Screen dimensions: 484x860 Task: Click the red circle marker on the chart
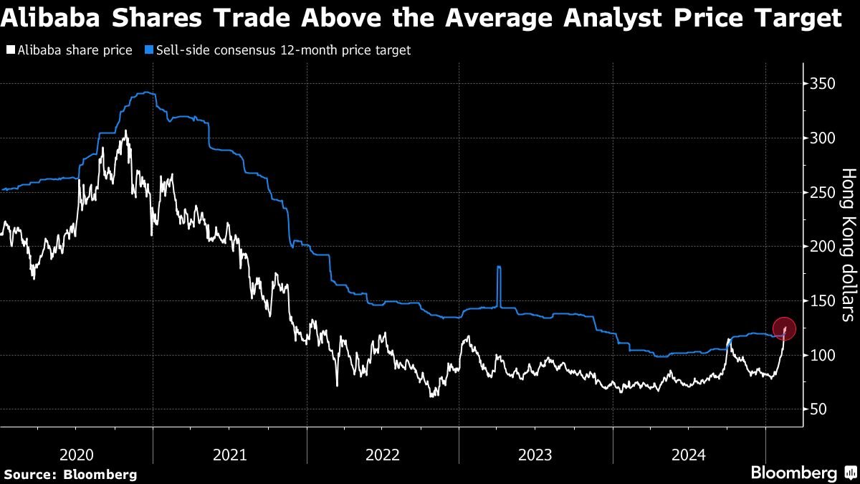pyautogui.click(x=785, y=328)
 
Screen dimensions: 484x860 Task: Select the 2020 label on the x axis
pyautogui.click(x=77, y=455)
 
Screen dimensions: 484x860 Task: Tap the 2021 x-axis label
pyautogui.click(x=230, y=455)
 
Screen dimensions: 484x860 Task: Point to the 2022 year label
pyautogui.click(x=383, y=455)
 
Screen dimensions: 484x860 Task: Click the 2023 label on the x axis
pyautogui.click(x=535, y=455)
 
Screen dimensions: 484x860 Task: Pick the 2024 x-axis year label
pyautogui.click(x=689, y=455)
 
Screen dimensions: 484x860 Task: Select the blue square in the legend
pyautogui.click(x=148, y=50)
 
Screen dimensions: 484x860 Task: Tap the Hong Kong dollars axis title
pyautogui.click(x=848, y=245)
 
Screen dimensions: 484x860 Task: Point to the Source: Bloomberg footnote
pyautogui.click(x=70, y=475)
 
